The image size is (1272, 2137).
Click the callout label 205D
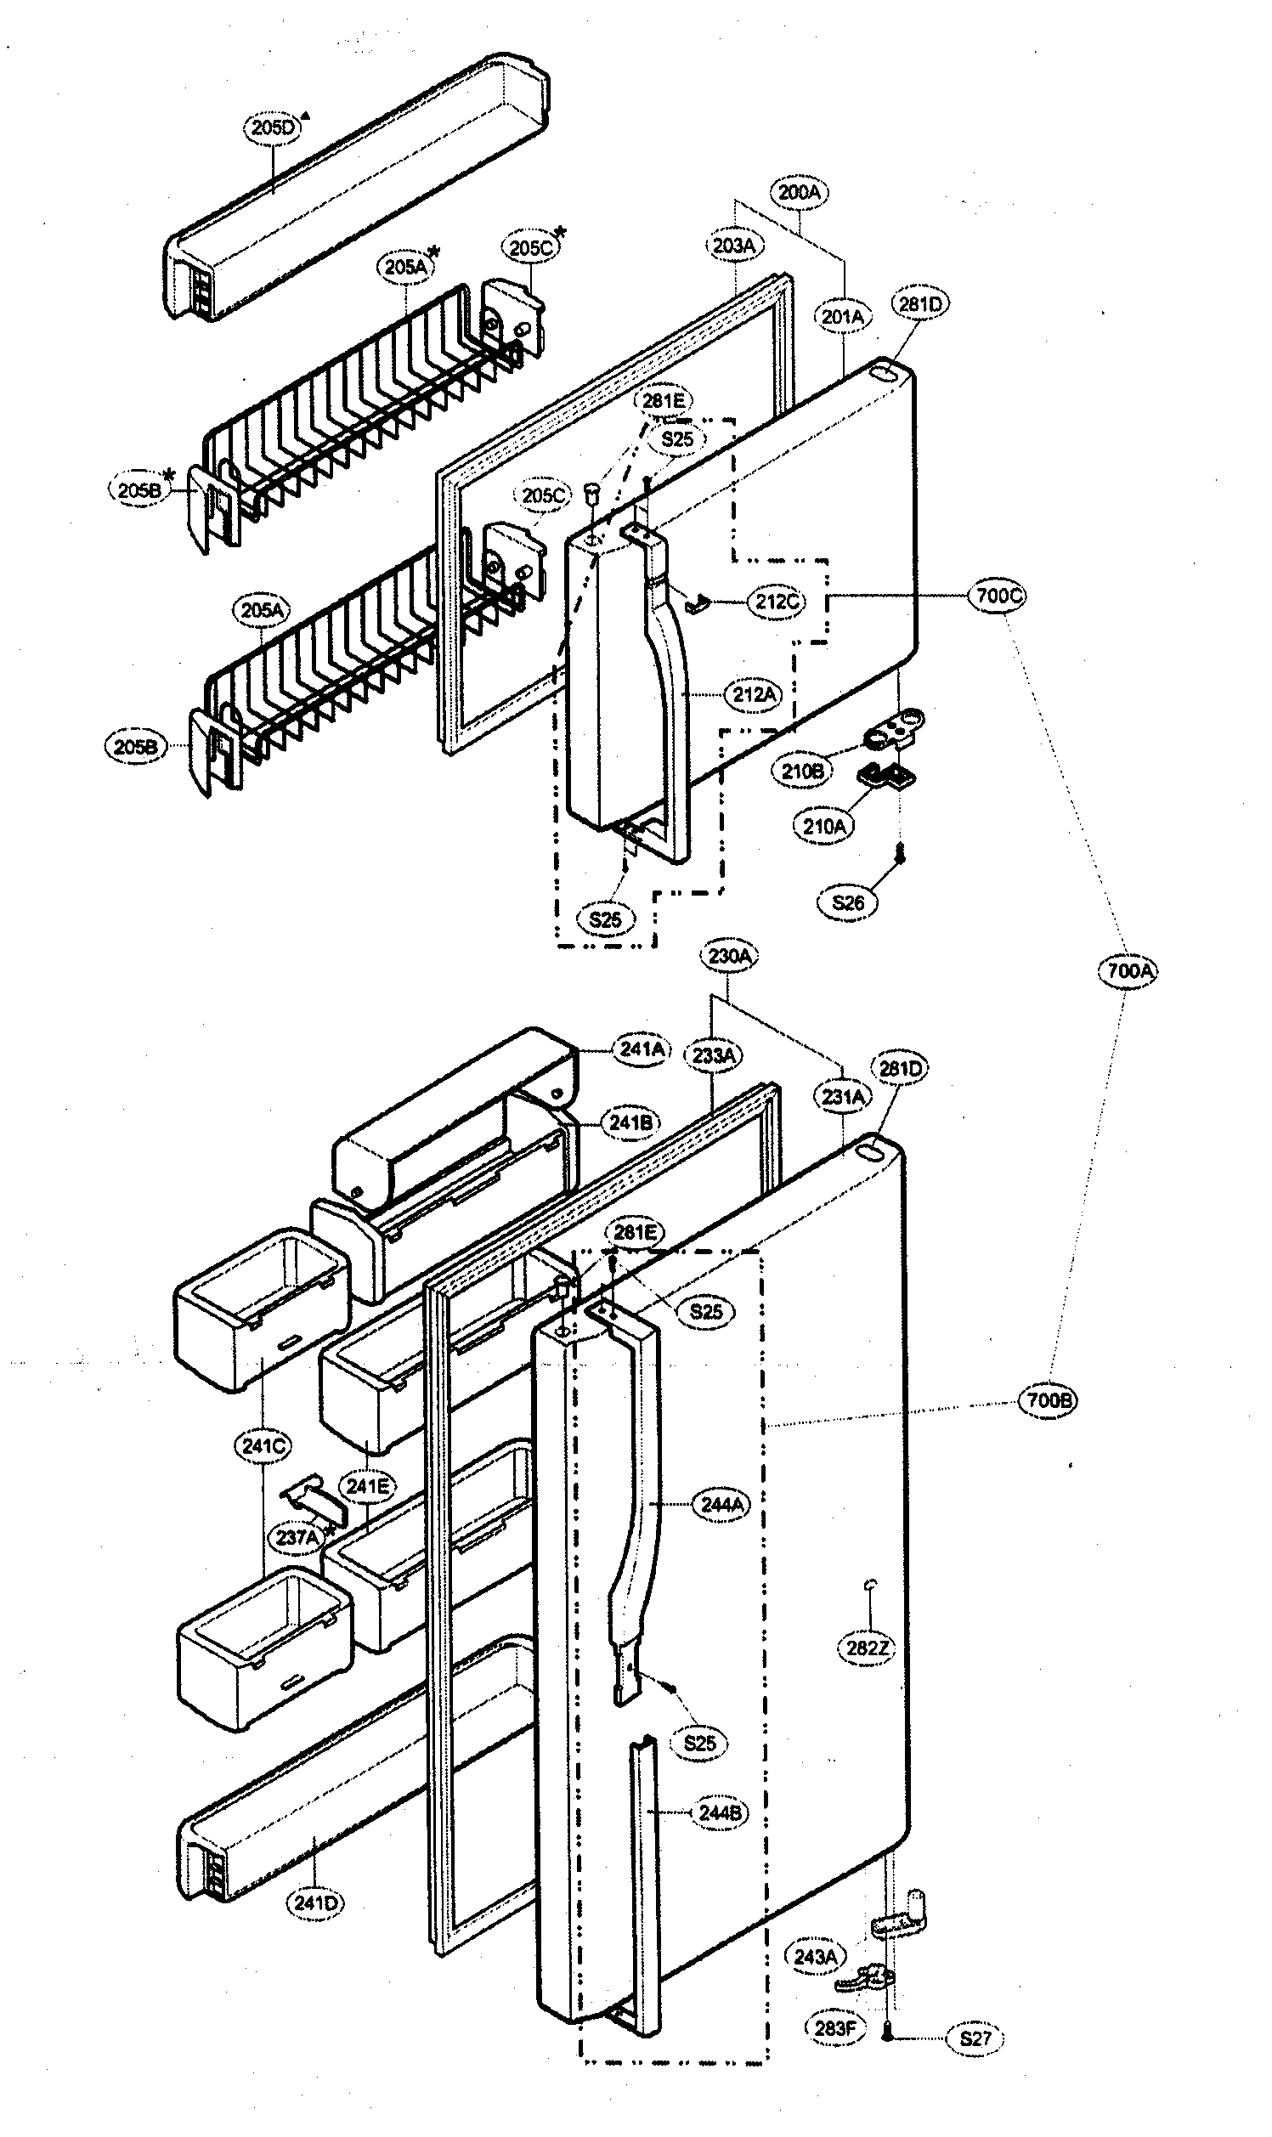point(273,128)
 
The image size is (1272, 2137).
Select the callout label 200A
point(798,192)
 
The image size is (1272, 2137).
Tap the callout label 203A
point(733,246)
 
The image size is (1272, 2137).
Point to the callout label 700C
point(998,596)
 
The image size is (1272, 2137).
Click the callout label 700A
point(1128,971)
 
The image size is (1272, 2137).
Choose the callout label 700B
point(1048,1400)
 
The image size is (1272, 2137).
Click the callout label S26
point(848,902)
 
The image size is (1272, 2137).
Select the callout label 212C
point(777,602)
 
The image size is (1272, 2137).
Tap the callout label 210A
point(823,827)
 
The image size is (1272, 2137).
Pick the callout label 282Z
point(867,1648)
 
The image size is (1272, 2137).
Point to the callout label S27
point(975,2038)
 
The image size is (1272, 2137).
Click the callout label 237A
point(297,1537)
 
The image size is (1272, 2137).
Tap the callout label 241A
point(642,1049)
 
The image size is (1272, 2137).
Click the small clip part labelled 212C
point(698,603)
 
